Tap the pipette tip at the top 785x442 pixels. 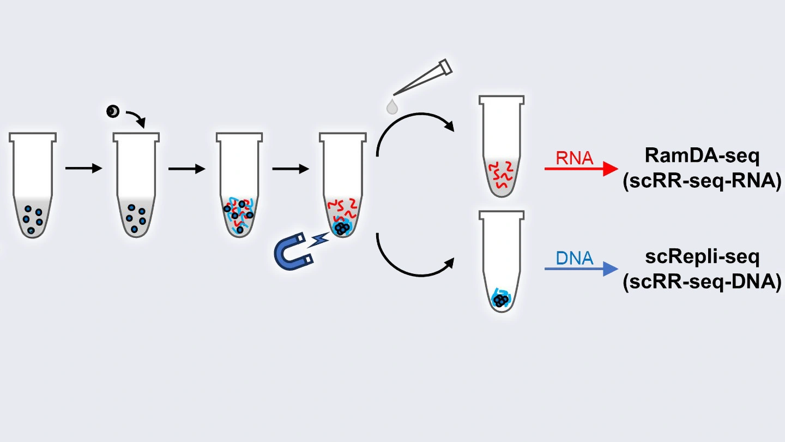tap(422, 79)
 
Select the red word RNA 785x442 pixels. tap(574, 158)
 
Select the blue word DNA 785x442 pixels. tap(575, 258)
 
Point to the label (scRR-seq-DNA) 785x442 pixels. tap(702, 282)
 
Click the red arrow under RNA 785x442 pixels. tap(581, 169)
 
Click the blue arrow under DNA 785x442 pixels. tap(581, 269)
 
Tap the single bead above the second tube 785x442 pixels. tap(112, 112)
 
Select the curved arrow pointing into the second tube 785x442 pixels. tap(137, 117)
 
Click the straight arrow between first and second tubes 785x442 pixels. tap(83, 168)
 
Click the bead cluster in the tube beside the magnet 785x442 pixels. tap(342, 228)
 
